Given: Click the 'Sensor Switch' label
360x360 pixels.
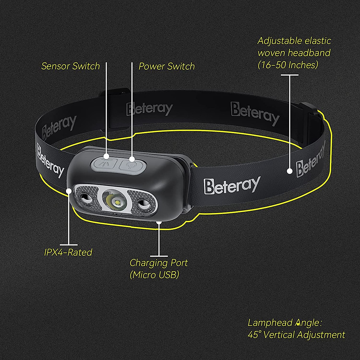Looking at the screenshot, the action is [70, 66].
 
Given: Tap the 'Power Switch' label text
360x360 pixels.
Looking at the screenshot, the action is [166, 66].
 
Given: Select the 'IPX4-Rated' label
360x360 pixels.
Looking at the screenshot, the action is [68, 252].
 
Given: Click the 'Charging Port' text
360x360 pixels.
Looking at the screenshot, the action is [159, 263].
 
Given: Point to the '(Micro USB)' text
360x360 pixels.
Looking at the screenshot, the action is [154, 274].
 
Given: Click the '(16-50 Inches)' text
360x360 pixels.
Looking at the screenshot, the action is [288, 65].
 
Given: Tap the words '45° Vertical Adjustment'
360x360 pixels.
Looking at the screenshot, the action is [296, 334].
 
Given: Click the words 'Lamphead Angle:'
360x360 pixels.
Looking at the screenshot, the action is [285, 323].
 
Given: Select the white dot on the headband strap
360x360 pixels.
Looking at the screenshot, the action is [289, 171].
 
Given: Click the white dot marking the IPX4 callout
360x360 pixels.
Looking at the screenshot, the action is [69, 190].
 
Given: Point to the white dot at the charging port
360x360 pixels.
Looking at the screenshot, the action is [159, 222].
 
